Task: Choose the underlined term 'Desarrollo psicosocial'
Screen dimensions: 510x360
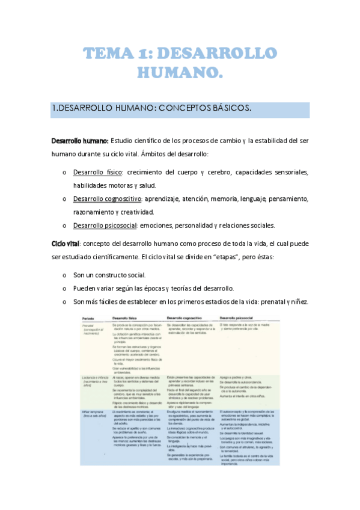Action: pyautogui.click(x=105, y=226)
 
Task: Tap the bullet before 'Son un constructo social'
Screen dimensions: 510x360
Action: pyautogui.click(x=64, y=275)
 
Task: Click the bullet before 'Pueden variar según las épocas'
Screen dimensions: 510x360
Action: pyautogui.click(x=64, y=288)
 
